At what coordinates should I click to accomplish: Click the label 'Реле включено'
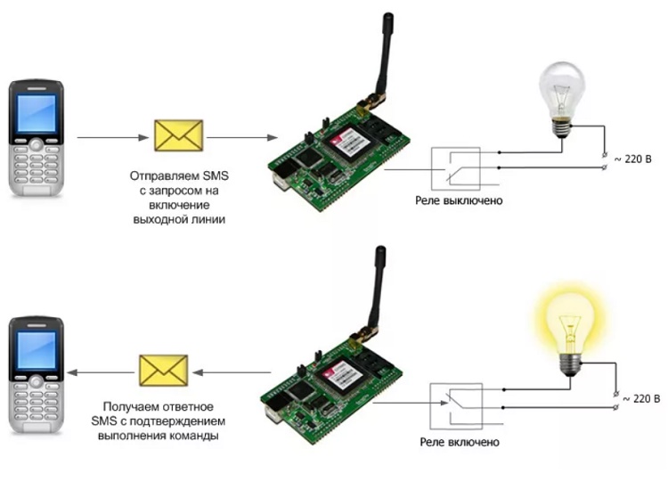coord(460,442)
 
